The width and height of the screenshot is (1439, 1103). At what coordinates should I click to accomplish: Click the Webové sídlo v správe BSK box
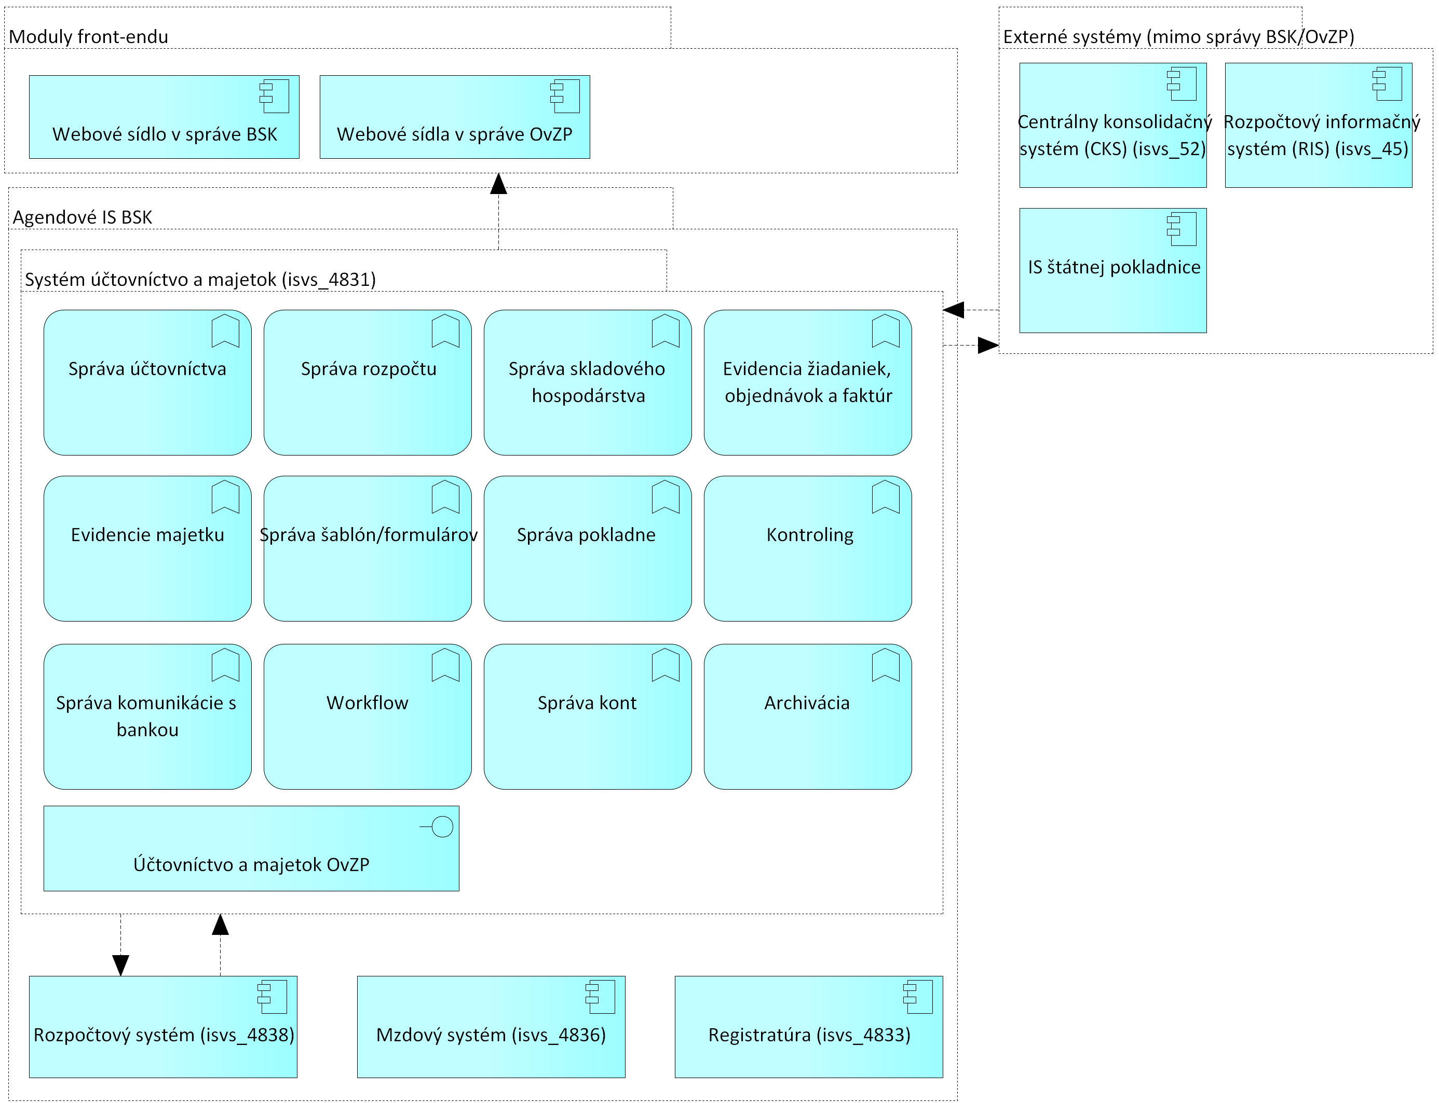click(164, 117)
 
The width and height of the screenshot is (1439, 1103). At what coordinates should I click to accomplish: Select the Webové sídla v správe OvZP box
click(455, 117)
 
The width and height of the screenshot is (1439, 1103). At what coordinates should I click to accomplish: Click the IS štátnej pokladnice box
click(1112, 270)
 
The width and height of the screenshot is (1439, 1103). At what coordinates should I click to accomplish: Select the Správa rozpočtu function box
click(368, 383)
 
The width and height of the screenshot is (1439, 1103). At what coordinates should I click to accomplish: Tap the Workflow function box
click(368, 716)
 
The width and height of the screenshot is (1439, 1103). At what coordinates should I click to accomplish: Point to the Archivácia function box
click(808, 716)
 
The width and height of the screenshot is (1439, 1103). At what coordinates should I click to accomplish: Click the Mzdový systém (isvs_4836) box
click(491, 1027)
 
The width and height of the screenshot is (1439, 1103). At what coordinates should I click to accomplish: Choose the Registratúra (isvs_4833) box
click(808, 1027)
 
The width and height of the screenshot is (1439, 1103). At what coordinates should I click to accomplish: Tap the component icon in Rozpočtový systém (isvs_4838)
click(272, 997)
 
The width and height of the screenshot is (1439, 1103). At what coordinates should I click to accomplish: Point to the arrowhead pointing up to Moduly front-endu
click(498, 184)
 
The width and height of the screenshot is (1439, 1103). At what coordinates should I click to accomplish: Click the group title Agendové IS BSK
click(82, 217)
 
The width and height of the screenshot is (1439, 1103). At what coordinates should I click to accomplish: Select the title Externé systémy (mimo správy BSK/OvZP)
click(1179, 37)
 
